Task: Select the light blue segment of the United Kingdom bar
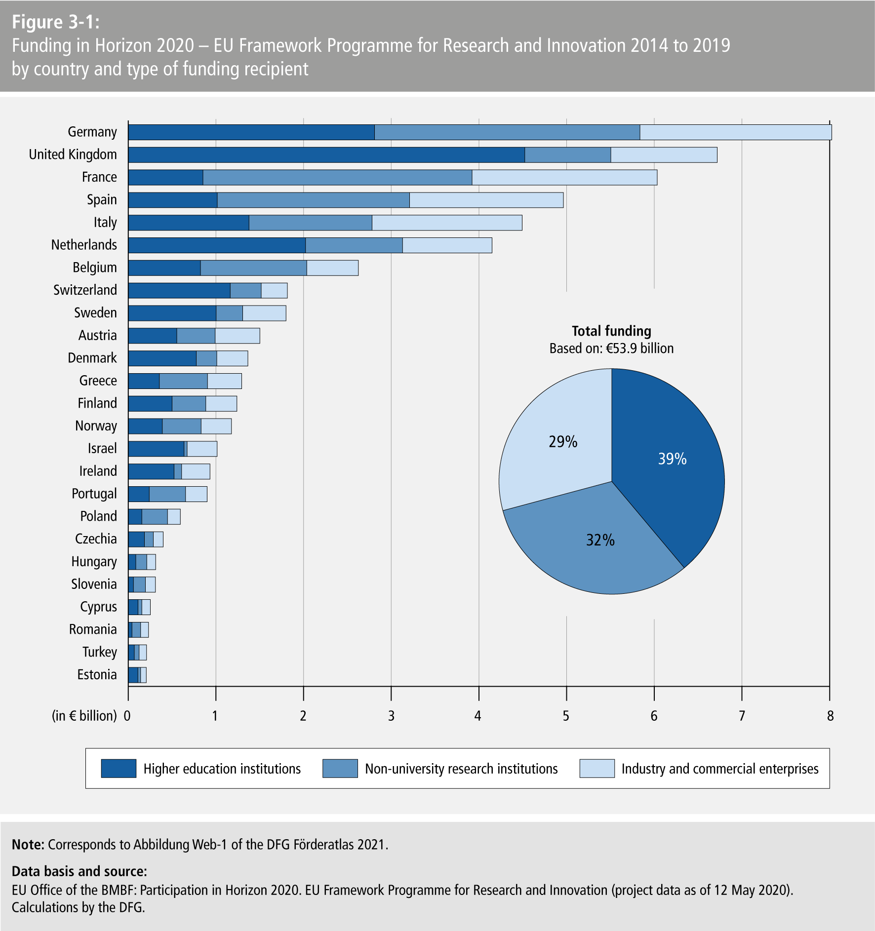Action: (664, 155)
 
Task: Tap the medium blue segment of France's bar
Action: (337, 178)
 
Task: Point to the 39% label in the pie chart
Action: (672, 459)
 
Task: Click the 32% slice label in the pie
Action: (600, 540)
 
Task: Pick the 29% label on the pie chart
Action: (563, 442)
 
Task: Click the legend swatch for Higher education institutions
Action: (119, 769)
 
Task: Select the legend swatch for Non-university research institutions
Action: (340, 769)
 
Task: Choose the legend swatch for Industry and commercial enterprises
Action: (597, 769)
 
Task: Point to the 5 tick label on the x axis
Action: (566, 716)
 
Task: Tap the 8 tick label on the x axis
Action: (830, 716)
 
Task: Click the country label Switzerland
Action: (85, 290)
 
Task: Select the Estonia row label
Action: (97, 675)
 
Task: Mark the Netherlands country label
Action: (84, 245)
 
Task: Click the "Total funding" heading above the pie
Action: (611, 331)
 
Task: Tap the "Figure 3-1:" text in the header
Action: (55, 22)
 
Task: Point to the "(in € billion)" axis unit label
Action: (84, 716)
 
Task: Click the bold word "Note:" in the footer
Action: (28, 845)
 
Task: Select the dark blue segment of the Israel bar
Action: (156, 449)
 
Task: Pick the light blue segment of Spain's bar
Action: (486, 200)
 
